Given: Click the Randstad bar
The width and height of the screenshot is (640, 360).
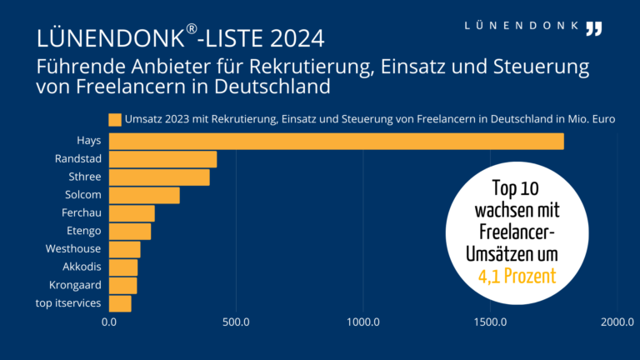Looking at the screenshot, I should click(x=162, y=159).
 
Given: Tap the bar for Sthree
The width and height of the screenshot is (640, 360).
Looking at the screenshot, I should click(x=159, y=177).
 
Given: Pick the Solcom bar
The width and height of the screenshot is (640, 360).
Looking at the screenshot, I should click(x=144, y=195).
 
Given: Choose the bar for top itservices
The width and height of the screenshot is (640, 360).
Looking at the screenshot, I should click(x=120, y=303).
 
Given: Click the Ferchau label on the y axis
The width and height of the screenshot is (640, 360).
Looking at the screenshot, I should click(x=82, y=213).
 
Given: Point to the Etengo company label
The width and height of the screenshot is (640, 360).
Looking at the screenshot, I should click(x=83, y=231).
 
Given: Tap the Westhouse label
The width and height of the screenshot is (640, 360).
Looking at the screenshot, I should click(x=73, y=249).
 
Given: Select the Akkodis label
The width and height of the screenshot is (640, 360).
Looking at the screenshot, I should click(x=82, y=267).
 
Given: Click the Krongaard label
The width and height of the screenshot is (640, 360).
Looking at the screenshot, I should click(x=77, y=285).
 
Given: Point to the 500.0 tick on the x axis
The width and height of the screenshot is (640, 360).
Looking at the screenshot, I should click(x=236, y=322).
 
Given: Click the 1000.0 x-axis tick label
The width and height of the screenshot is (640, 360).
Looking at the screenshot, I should click(x=363, y=322).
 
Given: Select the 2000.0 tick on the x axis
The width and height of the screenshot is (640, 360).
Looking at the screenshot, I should click(x=617, y=322).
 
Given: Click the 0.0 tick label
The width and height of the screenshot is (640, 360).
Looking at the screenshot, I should click(x=109, y=322).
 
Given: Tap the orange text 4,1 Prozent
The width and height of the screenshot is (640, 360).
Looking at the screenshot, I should click(x=517, y=274).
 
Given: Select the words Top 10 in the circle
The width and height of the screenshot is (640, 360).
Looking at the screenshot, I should click(x=517, y=188).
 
